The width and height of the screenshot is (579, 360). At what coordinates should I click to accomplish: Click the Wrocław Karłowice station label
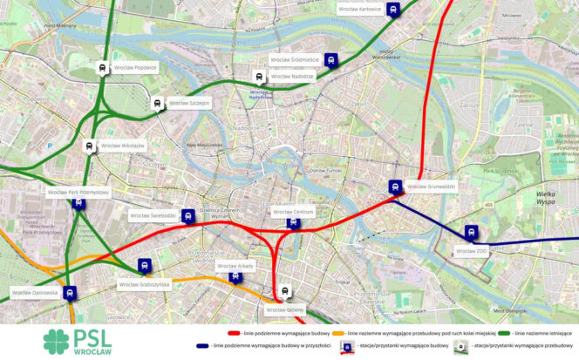pos(359,10)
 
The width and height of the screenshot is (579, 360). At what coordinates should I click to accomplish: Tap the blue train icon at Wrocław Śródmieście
pos(330,59)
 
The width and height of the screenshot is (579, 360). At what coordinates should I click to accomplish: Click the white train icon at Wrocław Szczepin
pos(157,103)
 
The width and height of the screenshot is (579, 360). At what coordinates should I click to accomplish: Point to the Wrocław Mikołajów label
pos(122,146)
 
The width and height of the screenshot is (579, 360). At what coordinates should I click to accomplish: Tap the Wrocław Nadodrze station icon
pos(258,77)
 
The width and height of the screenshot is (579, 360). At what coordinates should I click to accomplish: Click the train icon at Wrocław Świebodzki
pos(187,214)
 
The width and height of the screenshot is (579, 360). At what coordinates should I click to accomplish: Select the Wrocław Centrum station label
pos(293,211)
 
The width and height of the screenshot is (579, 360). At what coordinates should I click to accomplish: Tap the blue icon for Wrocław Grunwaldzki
pos(395,186)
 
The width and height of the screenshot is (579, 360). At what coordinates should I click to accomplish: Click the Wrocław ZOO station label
pos(471,251)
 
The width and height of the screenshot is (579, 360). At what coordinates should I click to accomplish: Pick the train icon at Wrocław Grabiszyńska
pos(145,265)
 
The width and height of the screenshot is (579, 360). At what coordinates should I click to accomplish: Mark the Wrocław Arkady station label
pos(234,265)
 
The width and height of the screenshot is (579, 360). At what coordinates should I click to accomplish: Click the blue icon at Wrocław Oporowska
pos(70,293)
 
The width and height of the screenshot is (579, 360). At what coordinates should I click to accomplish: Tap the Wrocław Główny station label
pos(285,309)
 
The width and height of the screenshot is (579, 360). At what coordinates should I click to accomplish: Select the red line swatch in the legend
pos(234,333)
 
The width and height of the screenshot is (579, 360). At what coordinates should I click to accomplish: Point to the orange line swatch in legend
pos(337,333)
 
